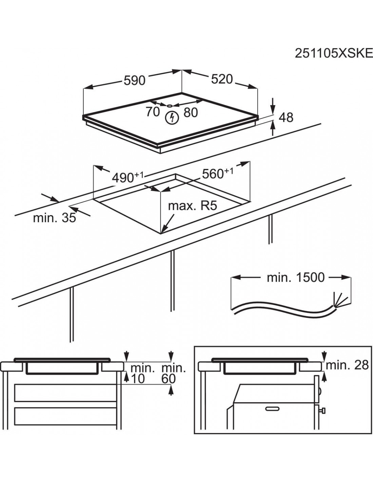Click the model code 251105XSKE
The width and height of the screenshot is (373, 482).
coord(334,53)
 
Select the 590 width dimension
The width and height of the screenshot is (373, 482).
coord(134,80)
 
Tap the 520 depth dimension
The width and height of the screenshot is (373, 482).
coord(222,79)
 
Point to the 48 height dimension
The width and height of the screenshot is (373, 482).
coord(286,117)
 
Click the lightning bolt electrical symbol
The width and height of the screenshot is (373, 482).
coord(172,118)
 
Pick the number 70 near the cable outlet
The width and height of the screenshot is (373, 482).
coord(153,112)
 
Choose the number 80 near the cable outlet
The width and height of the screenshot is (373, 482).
coord(191,113)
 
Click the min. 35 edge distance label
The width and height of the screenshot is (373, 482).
coord(54,218)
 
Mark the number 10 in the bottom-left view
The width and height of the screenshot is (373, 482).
coord(137,379)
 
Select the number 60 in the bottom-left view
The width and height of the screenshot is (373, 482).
coord(169,379)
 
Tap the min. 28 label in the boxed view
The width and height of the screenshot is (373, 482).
coord(347,365)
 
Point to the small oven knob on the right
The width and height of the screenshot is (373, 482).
coord(323,411)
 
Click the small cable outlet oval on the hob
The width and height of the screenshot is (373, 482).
coord(169,105)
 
